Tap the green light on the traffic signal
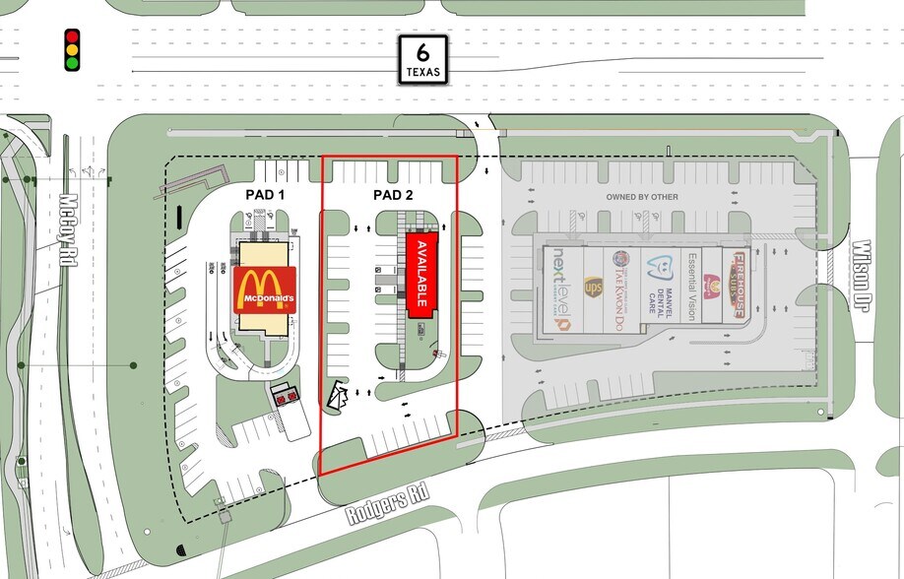[x=72, y=63]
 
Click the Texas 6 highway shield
[x=424, y=59]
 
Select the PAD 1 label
[x=265, y=195]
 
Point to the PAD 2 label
[x=393, y=195]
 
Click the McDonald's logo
[x=265, y=289]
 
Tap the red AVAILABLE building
[x=420, y=274]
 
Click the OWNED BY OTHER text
[x=642, y=197]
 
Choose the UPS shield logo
[x=593, y=288]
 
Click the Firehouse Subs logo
[x=738, y=286]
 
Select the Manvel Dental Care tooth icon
[x=659, y=263]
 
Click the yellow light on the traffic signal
[x=72, y=50]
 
